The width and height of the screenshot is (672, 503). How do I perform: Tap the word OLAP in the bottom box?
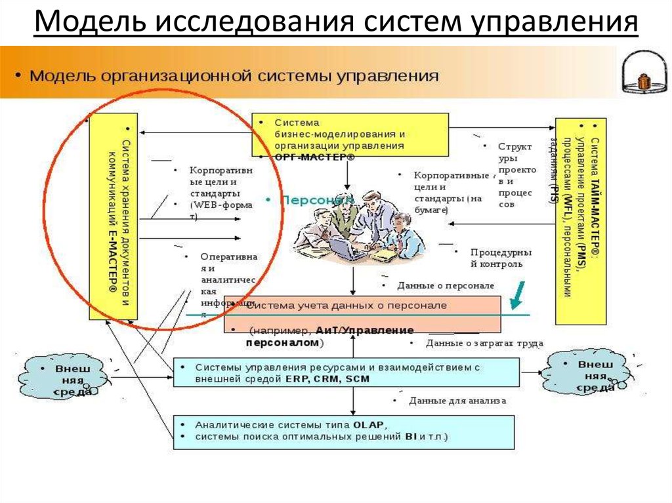368,424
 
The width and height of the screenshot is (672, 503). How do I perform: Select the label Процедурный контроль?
500,258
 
